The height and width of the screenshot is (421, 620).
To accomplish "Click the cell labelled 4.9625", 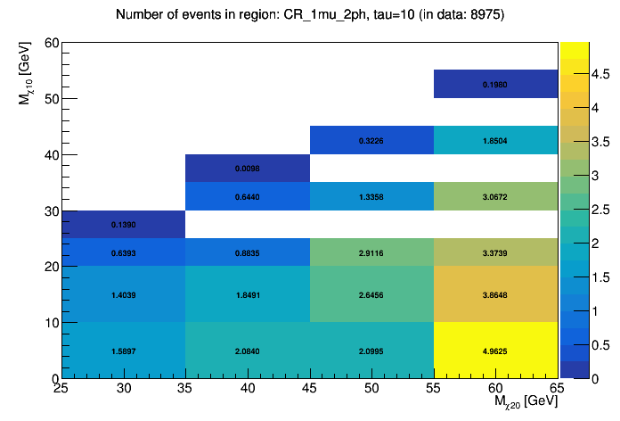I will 495,351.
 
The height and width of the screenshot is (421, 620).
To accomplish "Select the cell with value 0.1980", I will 495,84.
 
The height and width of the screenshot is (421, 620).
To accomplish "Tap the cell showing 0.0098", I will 248,168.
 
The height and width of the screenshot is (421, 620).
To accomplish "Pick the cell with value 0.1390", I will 124,224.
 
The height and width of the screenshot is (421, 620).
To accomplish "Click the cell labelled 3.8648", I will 495,294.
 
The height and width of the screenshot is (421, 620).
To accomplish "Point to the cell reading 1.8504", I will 495,140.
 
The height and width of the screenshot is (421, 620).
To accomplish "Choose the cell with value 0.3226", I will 371,140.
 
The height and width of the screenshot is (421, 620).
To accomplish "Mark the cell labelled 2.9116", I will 371,252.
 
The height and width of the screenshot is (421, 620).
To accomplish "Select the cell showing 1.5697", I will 124,351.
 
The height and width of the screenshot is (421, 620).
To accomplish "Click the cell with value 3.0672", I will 495,195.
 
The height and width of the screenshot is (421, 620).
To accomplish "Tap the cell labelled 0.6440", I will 248,195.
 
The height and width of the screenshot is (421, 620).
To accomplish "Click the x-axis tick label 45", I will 310,389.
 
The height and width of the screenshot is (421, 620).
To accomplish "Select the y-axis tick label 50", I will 53,99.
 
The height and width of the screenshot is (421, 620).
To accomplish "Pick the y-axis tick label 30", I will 53,210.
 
